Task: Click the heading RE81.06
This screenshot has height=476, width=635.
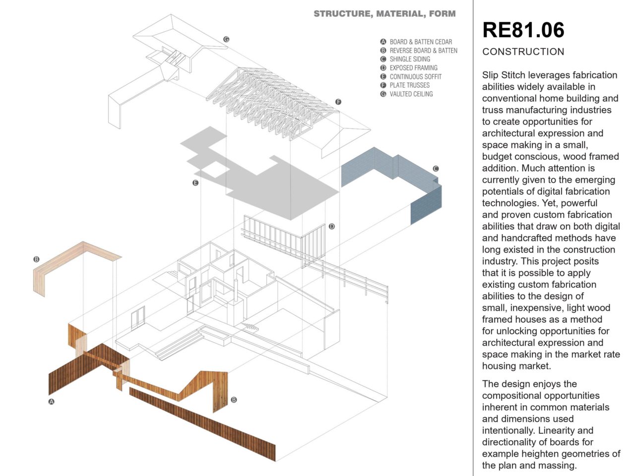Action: (x=523, y=30)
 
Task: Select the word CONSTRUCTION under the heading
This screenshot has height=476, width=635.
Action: (x=523, y=52)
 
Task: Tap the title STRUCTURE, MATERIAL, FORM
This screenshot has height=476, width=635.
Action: (x=384, y=13)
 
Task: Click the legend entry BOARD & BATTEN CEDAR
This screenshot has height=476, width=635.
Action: (x=421, y=42)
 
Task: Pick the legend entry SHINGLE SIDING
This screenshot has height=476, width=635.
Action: (x=410, y=59)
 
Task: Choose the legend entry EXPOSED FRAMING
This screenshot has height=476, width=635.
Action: (x=413, y=68)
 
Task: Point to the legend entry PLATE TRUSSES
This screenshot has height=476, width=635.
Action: (x=409, y=85)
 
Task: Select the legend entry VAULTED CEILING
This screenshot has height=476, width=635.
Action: (x=411, y=94)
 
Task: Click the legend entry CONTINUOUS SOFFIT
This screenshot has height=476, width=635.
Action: (x=415, y=76)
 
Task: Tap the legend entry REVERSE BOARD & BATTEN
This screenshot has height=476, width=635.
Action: (x=424, y=51)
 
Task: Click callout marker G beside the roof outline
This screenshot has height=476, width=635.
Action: (x=226, y=39)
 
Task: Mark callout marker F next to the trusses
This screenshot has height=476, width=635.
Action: (x=338, y=102)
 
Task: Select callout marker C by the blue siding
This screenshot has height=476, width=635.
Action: (x=436, y=169)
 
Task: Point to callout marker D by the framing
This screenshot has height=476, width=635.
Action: (x=332, y=226)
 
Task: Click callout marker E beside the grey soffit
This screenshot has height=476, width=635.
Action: (x=195, y=182)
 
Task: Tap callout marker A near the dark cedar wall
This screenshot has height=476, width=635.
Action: (x=52, y=402)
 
